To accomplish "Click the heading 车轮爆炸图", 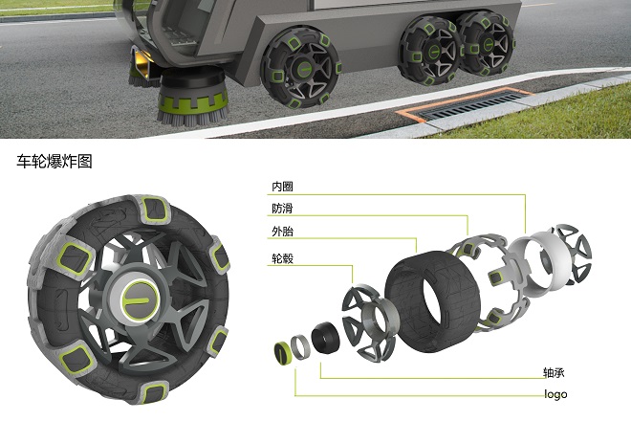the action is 54,161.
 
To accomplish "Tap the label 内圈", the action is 282,187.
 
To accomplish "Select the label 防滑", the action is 282,209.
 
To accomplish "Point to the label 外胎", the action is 282,232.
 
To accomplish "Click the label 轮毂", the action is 282,258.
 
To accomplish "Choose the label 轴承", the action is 554,372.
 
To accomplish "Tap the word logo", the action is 555,394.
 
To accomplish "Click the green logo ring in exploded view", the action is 282,352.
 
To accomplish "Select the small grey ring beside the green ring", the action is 300,347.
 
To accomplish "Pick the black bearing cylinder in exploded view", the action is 325,338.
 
